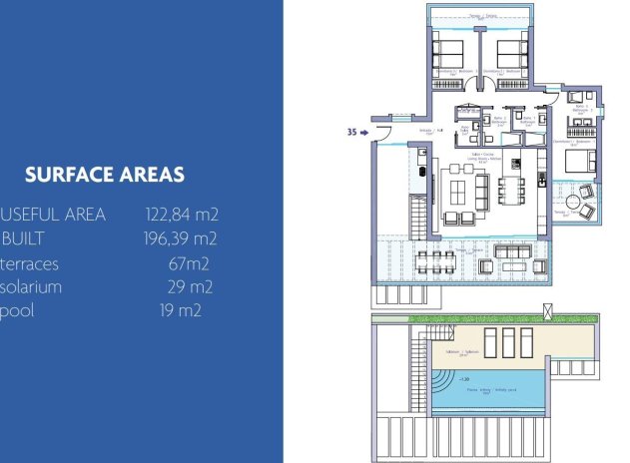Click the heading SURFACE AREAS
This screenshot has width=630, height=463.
pos(105,175)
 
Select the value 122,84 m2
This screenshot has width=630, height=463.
pos(182,214)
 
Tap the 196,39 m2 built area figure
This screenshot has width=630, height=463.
pos(181,238)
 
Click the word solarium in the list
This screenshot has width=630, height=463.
pos(33,287)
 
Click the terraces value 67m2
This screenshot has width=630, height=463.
pos(189,264)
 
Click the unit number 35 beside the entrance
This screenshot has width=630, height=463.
pos(350,131)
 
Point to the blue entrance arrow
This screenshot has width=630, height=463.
pos(364,131)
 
